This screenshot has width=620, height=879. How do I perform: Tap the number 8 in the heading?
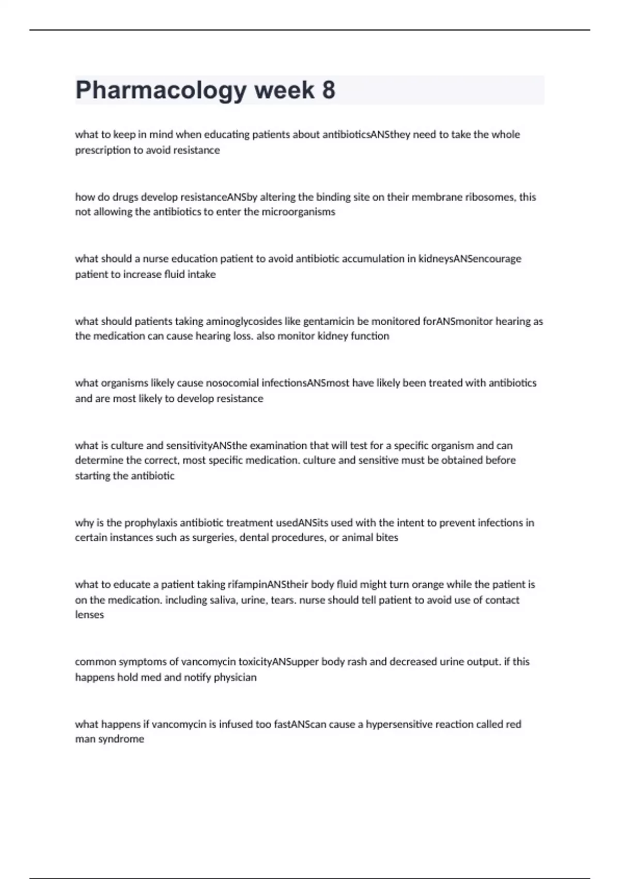click(x=329, y=90)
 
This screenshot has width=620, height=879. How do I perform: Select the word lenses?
click(x=89, y=615)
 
